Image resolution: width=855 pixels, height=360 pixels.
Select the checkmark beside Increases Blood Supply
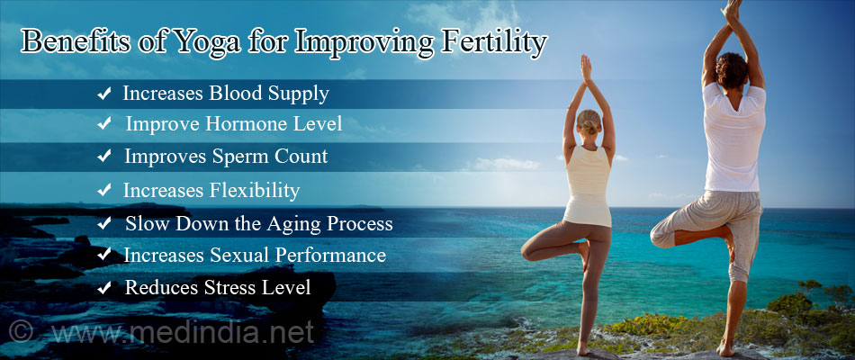point(105,93)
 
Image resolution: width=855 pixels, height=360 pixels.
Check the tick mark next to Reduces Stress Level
point(105,288)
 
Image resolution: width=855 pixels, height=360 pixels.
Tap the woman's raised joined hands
point(586,68)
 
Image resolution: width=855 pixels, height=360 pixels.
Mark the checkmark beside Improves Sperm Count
point(105,157)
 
